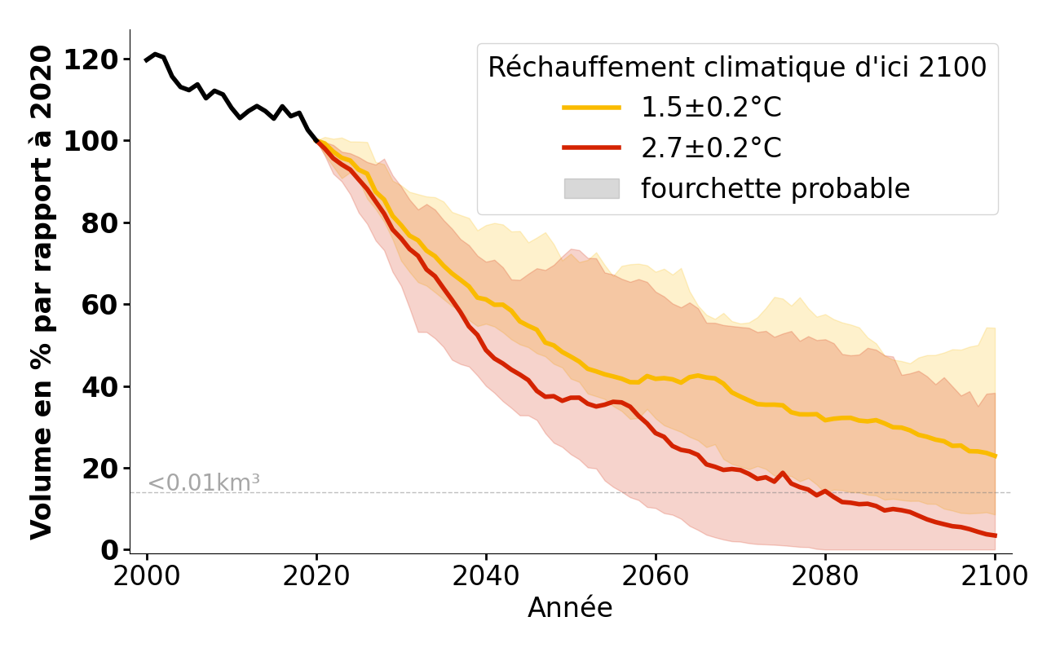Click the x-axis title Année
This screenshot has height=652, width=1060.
pyautogui.click(x=570, y=608)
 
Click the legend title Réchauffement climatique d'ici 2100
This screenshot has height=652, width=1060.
pyautogui.click(x=737, y=68)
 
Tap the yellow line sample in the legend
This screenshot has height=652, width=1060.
pyautogui.click(x=591, y=108)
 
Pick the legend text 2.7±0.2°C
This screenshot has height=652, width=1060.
pyautogui.click(x=711, y=148)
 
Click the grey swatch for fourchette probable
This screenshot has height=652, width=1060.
pyautogui.click(x=591, y=188)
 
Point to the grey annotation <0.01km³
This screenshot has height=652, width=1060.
pyautogui.click(x=204, y=483)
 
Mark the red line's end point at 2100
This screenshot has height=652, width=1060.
pyautogui.click(x=995, y=535)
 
